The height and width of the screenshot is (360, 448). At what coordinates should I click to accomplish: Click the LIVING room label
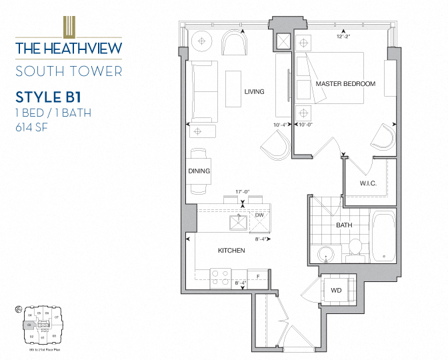click(254, 92)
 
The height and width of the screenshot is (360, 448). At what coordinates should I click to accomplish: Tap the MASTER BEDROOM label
click(345, 84)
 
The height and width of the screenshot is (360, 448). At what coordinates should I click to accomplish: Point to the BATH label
click(343, 225)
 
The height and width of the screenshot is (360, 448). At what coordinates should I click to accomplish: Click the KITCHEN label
click(231, 251)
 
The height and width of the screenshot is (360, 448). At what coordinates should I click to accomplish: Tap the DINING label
click(199, 171)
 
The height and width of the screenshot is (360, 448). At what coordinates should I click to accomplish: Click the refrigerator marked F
click(257, 275)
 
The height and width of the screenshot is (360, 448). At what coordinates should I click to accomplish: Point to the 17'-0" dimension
click(242, 193)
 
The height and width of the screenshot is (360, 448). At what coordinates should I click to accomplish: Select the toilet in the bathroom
click(355, 247)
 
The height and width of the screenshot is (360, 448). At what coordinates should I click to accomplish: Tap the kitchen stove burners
click(221, 277)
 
